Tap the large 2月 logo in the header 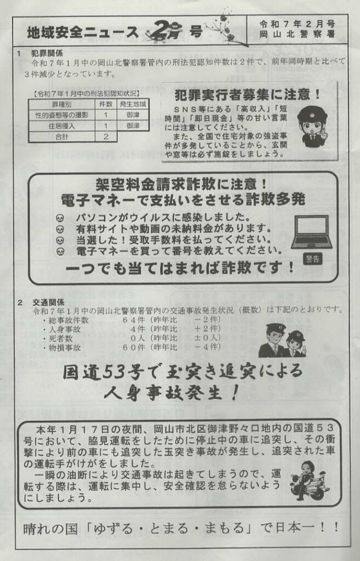[x=164, y=31]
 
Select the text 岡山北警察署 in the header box [x=297, y=35]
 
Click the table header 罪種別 [x=62, y=105]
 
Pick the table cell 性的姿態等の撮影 [x=61, y=115]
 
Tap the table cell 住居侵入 [x=61, y=126]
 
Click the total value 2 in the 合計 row [x=106, y=136]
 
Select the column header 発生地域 [x=133, y=105]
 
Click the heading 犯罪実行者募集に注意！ [x=248, y=94]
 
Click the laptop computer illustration [x=312, y=232]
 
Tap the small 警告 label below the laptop [x=312, y=259]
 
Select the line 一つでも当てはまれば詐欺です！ [x=180, y=267]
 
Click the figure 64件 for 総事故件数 [x=134, y=319]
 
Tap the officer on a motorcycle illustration [x=308, y=480]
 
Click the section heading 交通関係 [x=48, y=302]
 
